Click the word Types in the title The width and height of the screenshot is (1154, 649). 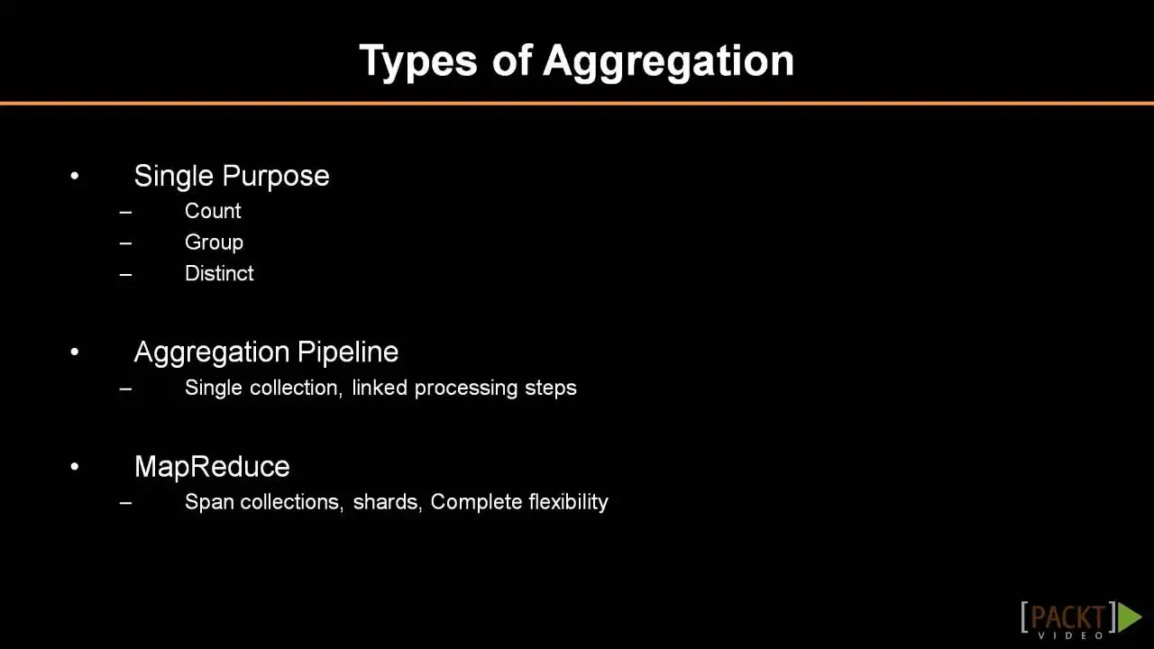click(x=418, y=61)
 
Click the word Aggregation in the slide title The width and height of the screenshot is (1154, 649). click(x=668, y=61)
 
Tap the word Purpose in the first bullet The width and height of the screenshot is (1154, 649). click(x=276, y=177)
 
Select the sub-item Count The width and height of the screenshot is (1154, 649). click(x=213, y=211)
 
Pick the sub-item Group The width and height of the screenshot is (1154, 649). click(x=214, y=242)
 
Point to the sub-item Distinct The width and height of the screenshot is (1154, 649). click(x=219, y=273)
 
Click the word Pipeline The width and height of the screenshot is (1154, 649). click(x=348, y=352)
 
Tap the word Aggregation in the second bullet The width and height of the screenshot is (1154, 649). click(x=212, y=353)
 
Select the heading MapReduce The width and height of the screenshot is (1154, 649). click(x=212, y=467)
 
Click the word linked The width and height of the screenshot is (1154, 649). click(x=380, y=388)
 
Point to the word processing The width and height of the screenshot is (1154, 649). click(x=466, y=388)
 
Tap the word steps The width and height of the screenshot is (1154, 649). click(x=551, y=388)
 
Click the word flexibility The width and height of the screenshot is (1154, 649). click(x=568, y=502)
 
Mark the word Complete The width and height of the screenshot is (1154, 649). click(x=477, y=502)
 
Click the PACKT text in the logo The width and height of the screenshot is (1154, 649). click(x=1068, y=617)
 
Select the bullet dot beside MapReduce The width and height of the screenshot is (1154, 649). click(x=75, y=467)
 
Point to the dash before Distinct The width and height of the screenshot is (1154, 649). click(x=125, y=275)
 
